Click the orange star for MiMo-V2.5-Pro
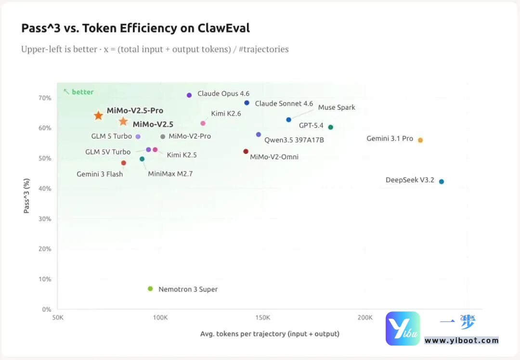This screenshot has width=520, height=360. tap(98, 116)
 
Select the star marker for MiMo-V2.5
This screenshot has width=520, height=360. tap(123, 122)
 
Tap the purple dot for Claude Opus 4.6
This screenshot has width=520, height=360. tap(189, 95)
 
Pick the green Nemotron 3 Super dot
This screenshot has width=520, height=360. tap(150, 289)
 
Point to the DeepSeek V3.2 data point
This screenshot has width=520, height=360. tap(442, 181)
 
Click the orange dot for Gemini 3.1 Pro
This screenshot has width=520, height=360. tap(420, 140)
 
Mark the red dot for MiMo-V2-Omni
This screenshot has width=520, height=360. tap(246, 152)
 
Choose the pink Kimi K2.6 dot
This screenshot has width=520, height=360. tap(203, 123)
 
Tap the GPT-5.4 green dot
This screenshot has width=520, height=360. tap(331, 127)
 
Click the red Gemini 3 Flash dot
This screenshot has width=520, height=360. tap(124, 163)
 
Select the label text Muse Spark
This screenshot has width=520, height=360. tap(337, 107)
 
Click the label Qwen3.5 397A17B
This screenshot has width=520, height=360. tap(294, 140)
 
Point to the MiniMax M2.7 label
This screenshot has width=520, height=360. tap(170, 174)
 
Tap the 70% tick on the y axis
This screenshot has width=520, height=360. tap(45, 98)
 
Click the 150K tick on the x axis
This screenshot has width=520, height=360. tap(262, 318)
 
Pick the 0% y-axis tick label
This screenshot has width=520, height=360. tap(47, 309)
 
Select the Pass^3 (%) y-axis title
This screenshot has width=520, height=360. tap(27, 196)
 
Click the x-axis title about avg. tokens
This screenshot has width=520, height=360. tap(270, 334)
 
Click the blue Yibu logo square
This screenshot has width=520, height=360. tap(403, 328)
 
